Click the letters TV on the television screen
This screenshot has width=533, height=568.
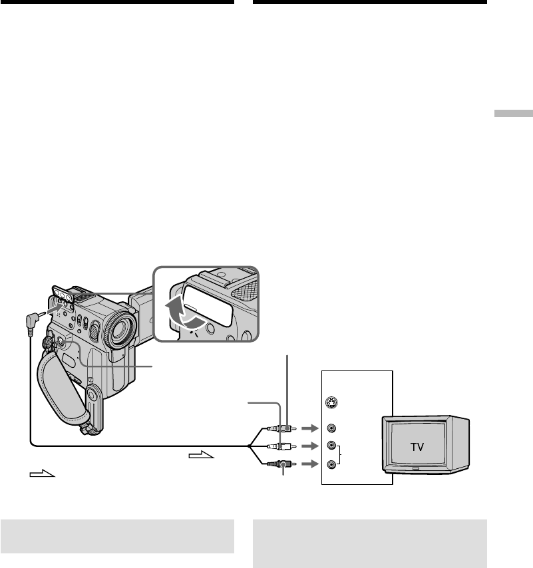tap(417, 447)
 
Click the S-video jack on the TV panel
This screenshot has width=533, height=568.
tap(331, 402)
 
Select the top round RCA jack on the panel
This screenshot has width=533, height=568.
tap(331, 428)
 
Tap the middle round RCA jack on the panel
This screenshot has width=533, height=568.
tap(331, 446)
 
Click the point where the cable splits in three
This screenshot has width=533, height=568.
tap(250, 446)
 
